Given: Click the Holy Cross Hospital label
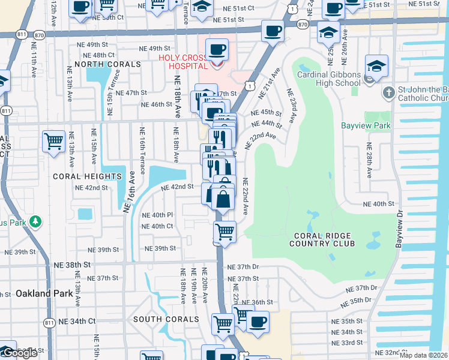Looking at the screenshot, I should coord(182,58).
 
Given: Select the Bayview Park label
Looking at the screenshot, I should coord(366,126).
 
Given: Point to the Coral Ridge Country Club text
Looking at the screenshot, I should coord(322,239).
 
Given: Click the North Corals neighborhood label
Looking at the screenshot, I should coord(107,64).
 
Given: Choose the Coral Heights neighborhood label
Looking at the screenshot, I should coord(87,176).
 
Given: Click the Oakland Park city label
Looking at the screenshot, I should coord(44,293).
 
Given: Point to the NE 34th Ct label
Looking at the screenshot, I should coord(77,321).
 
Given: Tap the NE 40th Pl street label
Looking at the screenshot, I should coord(157,215).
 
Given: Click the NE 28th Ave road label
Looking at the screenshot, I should coord(369,160).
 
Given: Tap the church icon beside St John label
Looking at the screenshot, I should coord(388,93).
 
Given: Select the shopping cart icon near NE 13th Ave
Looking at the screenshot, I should coord(53,142).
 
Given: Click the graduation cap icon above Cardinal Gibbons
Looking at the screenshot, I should coord(376,67).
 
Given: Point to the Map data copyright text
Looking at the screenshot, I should coord(424,355).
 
